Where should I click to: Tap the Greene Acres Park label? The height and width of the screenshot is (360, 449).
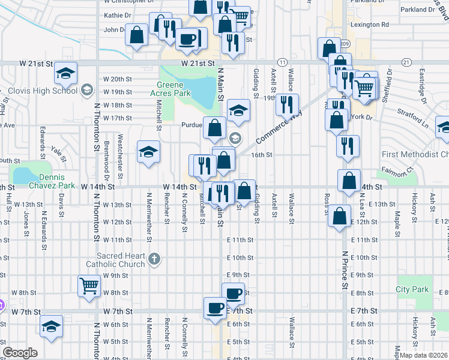[173, 89]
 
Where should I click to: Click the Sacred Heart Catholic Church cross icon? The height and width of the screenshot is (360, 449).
[154, 259]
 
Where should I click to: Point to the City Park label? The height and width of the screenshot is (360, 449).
[412, 289]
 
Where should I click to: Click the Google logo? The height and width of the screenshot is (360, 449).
[20, 353]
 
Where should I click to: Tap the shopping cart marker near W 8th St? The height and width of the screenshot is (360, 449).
[89, 286]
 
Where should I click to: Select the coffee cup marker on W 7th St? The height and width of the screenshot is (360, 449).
[215, 308]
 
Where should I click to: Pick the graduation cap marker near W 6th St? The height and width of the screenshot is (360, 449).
[52, 326]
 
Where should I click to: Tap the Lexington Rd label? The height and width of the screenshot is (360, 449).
[369, 25]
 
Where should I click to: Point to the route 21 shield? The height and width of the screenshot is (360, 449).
[406, 62]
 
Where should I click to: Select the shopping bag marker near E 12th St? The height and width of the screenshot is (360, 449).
[340, 217]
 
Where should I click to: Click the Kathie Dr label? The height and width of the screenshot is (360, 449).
[118, 15]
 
